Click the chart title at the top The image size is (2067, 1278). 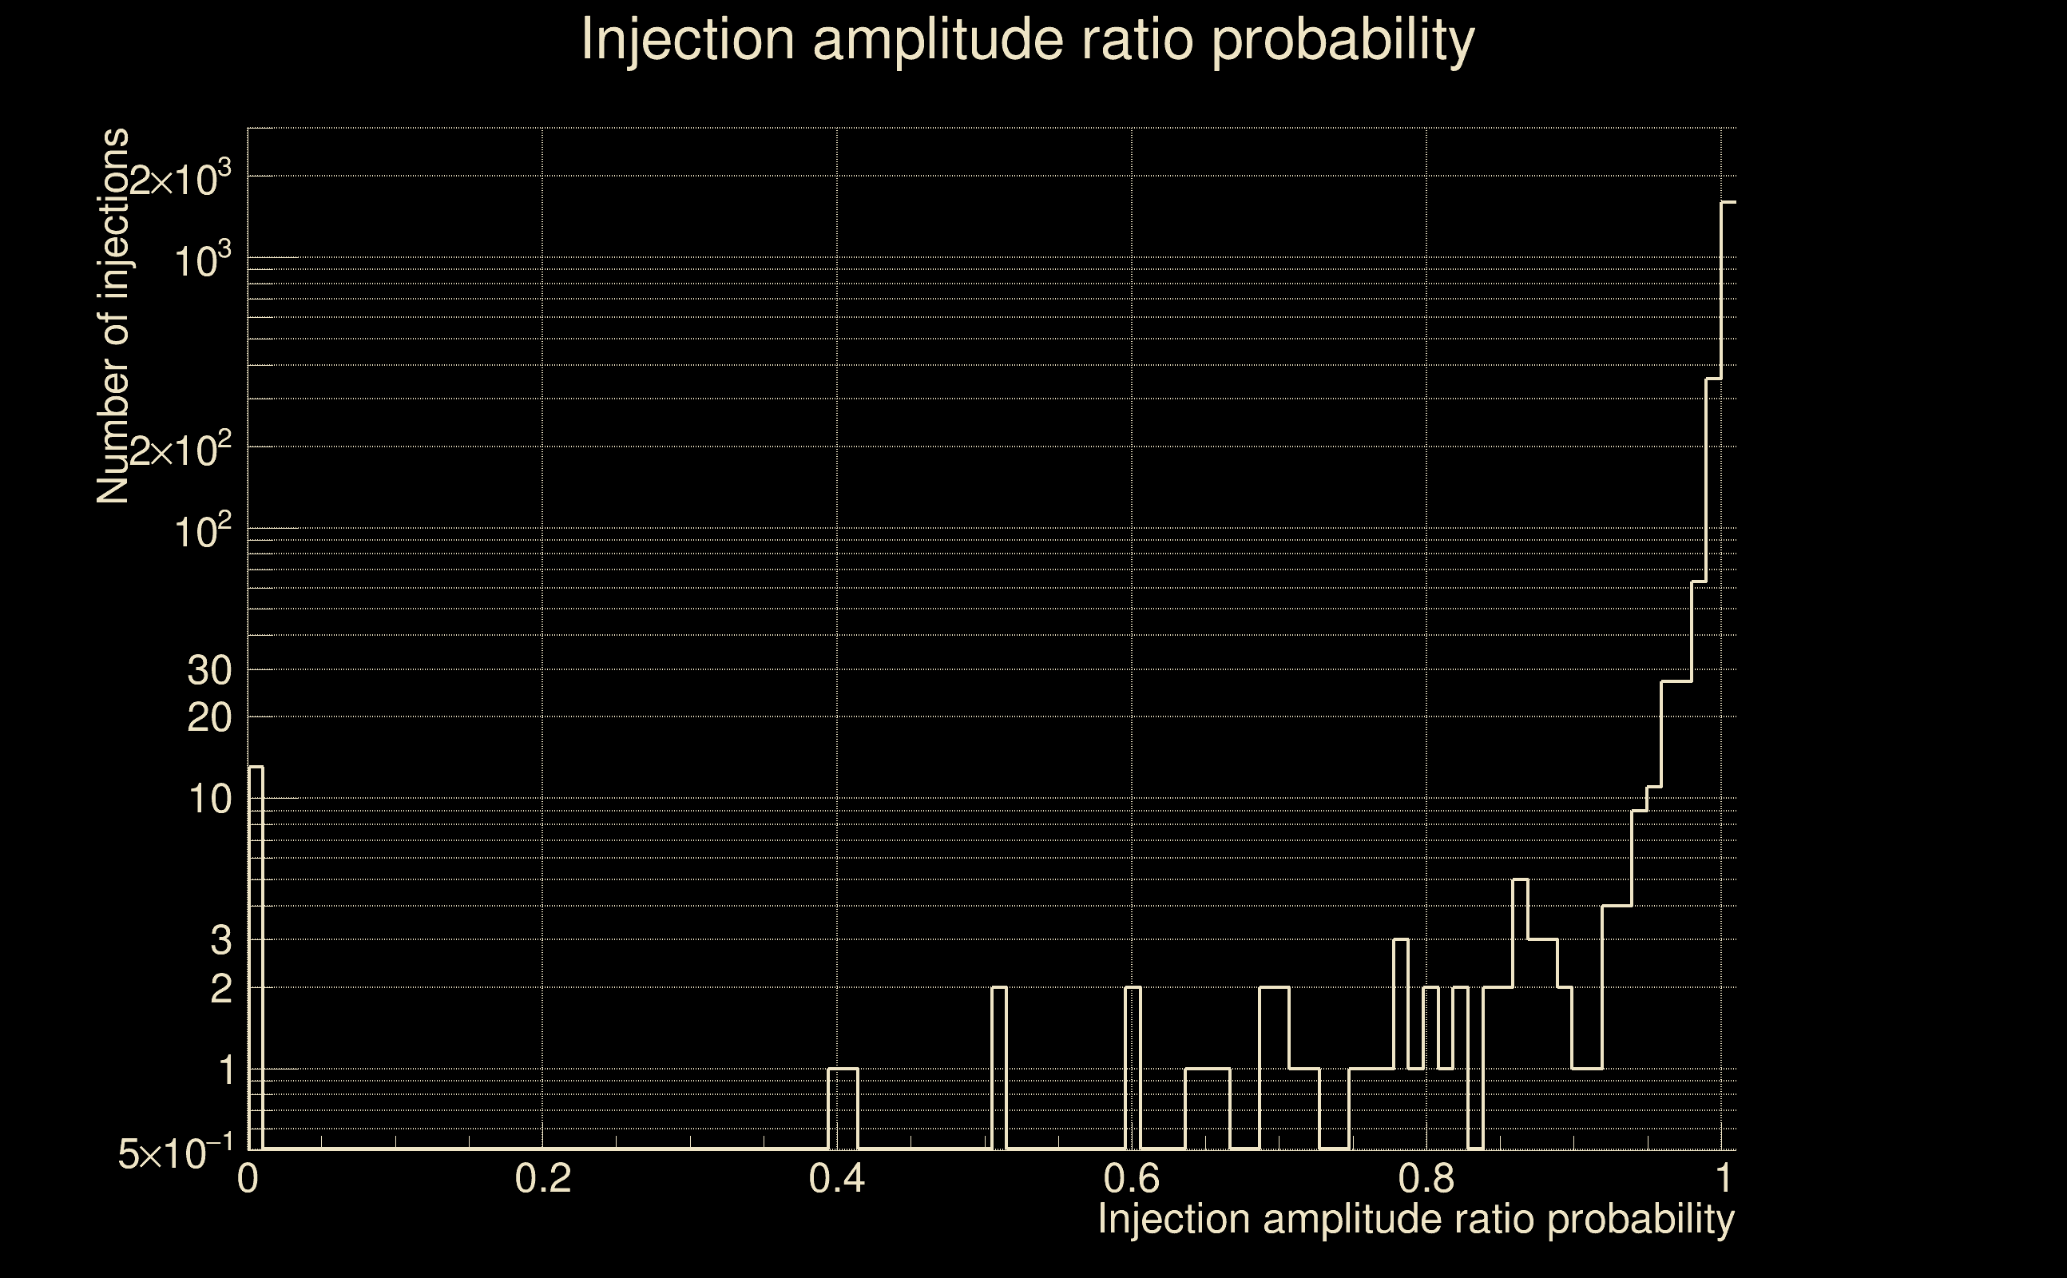click(1028, 41)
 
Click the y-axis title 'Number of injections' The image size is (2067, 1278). click(113, 316)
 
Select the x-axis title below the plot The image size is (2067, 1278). click(1415, 1220)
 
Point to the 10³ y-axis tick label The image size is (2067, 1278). click(203, 261)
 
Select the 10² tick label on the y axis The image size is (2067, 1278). click(203, 533)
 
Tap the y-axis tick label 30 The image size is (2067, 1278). click(208, 671)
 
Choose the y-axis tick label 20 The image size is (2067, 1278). click(208, 718)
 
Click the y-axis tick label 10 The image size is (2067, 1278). click(208, 800)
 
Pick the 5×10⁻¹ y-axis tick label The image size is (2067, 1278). click(176, 1153)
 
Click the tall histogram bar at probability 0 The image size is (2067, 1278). click(256, 955)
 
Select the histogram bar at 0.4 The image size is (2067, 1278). click(843, 1108)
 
